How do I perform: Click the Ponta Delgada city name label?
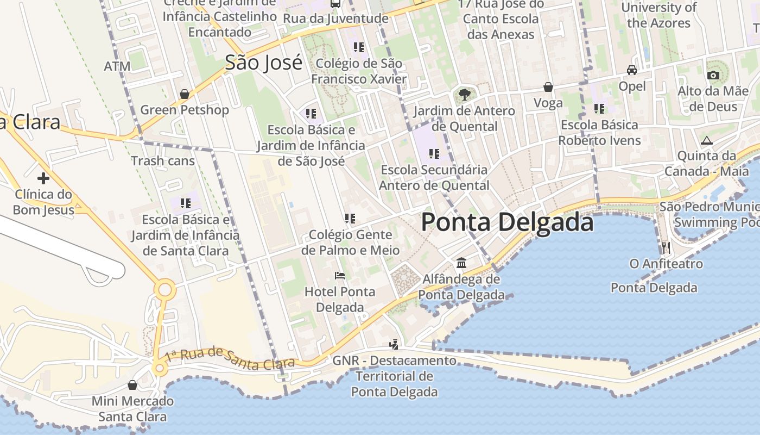pyautogui.click(x=507, y=222)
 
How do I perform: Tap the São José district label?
pyautogui.click(x=263, y=63)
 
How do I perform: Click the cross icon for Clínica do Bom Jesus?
pyautogui.click(x=43, y=178)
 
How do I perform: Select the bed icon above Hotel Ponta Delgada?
pyautogui.click(x=340, y=276)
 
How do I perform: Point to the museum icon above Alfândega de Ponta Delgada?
pyautogui.click(x=461, y=263)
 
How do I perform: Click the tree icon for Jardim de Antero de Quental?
pyautogui.click(x=464, y=95)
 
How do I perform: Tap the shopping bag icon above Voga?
pyautogui.click(x=548, y=87)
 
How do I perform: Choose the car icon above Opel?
pyautogui.click(x=632, y=70)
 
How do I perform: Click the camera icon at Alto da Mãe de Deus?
pyautogui.click(x=713, y=76)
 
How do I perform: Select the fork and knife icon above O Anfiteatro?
pyautogui.click(x=666, y=248)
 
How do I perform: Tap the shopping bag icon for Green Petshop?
pyautogui.click(x=185, y=94)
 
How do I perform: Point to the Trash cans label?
pyautogui.click(x=163, y=161)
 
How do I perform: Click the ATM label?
pyautogui.click(x=117, y=66)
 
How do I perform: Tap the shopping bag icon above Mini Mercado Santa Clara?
pyautogui.click(x=132, y=386)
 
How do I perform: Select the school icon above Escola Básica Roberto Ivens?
pyautogui.click(x=599, y=109)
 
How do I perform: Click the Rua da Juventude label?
pyautogui.click(x=336, y=18)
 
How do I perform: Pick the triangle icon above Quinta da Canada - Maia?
pyautogui.click(x=706, y=141)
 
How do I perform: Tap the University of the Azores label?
pyautogui.click(x=658, y=15)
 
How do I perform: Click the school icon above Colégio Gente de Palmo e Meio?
pyautogui.click(x=350, y=219)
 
